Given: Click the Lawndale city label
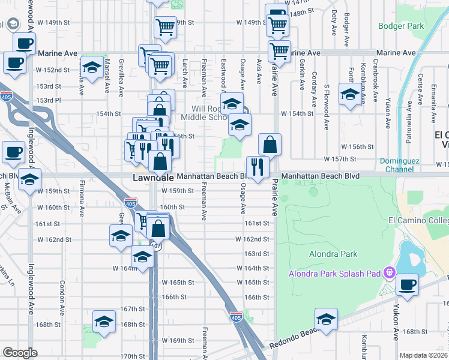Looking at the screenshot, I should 153,178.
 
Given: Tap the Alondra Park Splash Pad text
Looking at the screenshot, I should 335,274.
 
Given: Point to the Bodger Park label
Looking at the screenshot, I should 401,26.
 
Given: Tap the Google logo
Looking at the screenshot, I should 20,353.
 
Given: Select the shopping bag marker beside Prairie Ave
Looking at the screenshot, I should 270,144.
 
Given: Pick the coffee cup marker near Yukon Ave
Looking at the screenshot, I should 408,284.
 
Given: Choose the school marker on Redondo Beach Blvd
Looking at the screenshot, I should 326,319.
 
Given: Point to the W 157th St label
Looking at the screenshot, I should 340,159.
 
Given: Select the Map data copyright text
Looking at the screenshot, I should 424,355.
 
